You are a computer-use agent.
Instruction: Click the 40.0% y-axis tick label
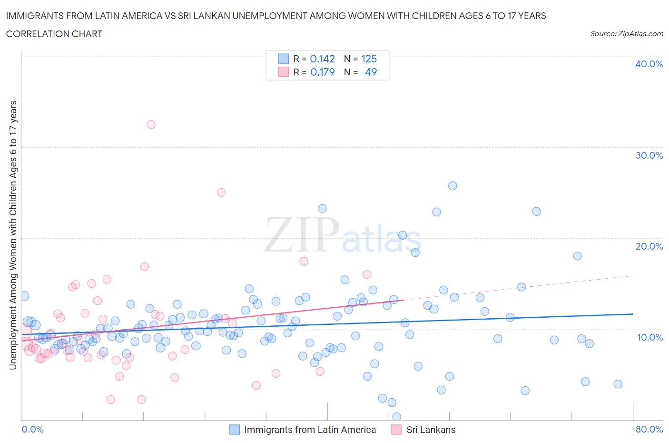click(649, 64)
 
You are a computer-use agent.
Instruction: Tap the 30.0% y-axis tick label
click(649, 155)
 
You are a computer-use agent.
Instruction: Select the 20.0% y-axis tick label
click(649, 246)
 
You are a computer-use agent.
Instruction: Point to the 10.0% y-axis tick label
click(649, 337)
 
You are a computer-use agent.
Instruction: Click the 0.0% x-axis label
click(32, 429)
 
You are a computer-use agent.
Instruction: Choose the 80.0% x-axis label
click(649, 429)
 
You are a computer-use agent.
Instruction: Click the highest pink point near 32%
click(151, 124)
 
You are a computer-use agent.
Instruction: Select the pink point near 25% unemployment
click(221, 192)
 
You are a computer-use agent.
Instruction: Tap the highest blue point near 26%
click(453, 186)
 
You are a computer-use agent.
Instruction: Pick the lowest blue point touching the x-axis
click(396, 417)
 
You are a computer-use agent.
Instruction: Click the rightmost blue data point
click(618, 384)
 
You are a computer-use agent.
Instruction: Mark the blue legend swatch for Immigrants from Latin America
click(234, 430)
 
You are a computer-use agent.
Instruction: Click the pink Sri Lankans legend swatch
click(396, 430)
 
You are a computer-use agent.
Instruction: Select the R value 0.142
click(323, 59)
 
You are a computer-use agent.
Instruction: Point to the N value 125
click(369, 59)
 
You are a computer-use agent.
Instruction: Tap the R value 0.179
click(323, 72)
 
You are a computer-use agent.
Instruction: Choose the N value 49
click(371, 72)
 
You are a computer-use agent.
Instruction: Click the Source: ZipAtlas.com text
click(626, 34)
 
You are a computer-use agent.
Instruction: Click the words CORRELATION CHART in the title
click(54, 34)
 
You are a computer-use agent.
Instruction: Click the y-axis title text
click(13, 235)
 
